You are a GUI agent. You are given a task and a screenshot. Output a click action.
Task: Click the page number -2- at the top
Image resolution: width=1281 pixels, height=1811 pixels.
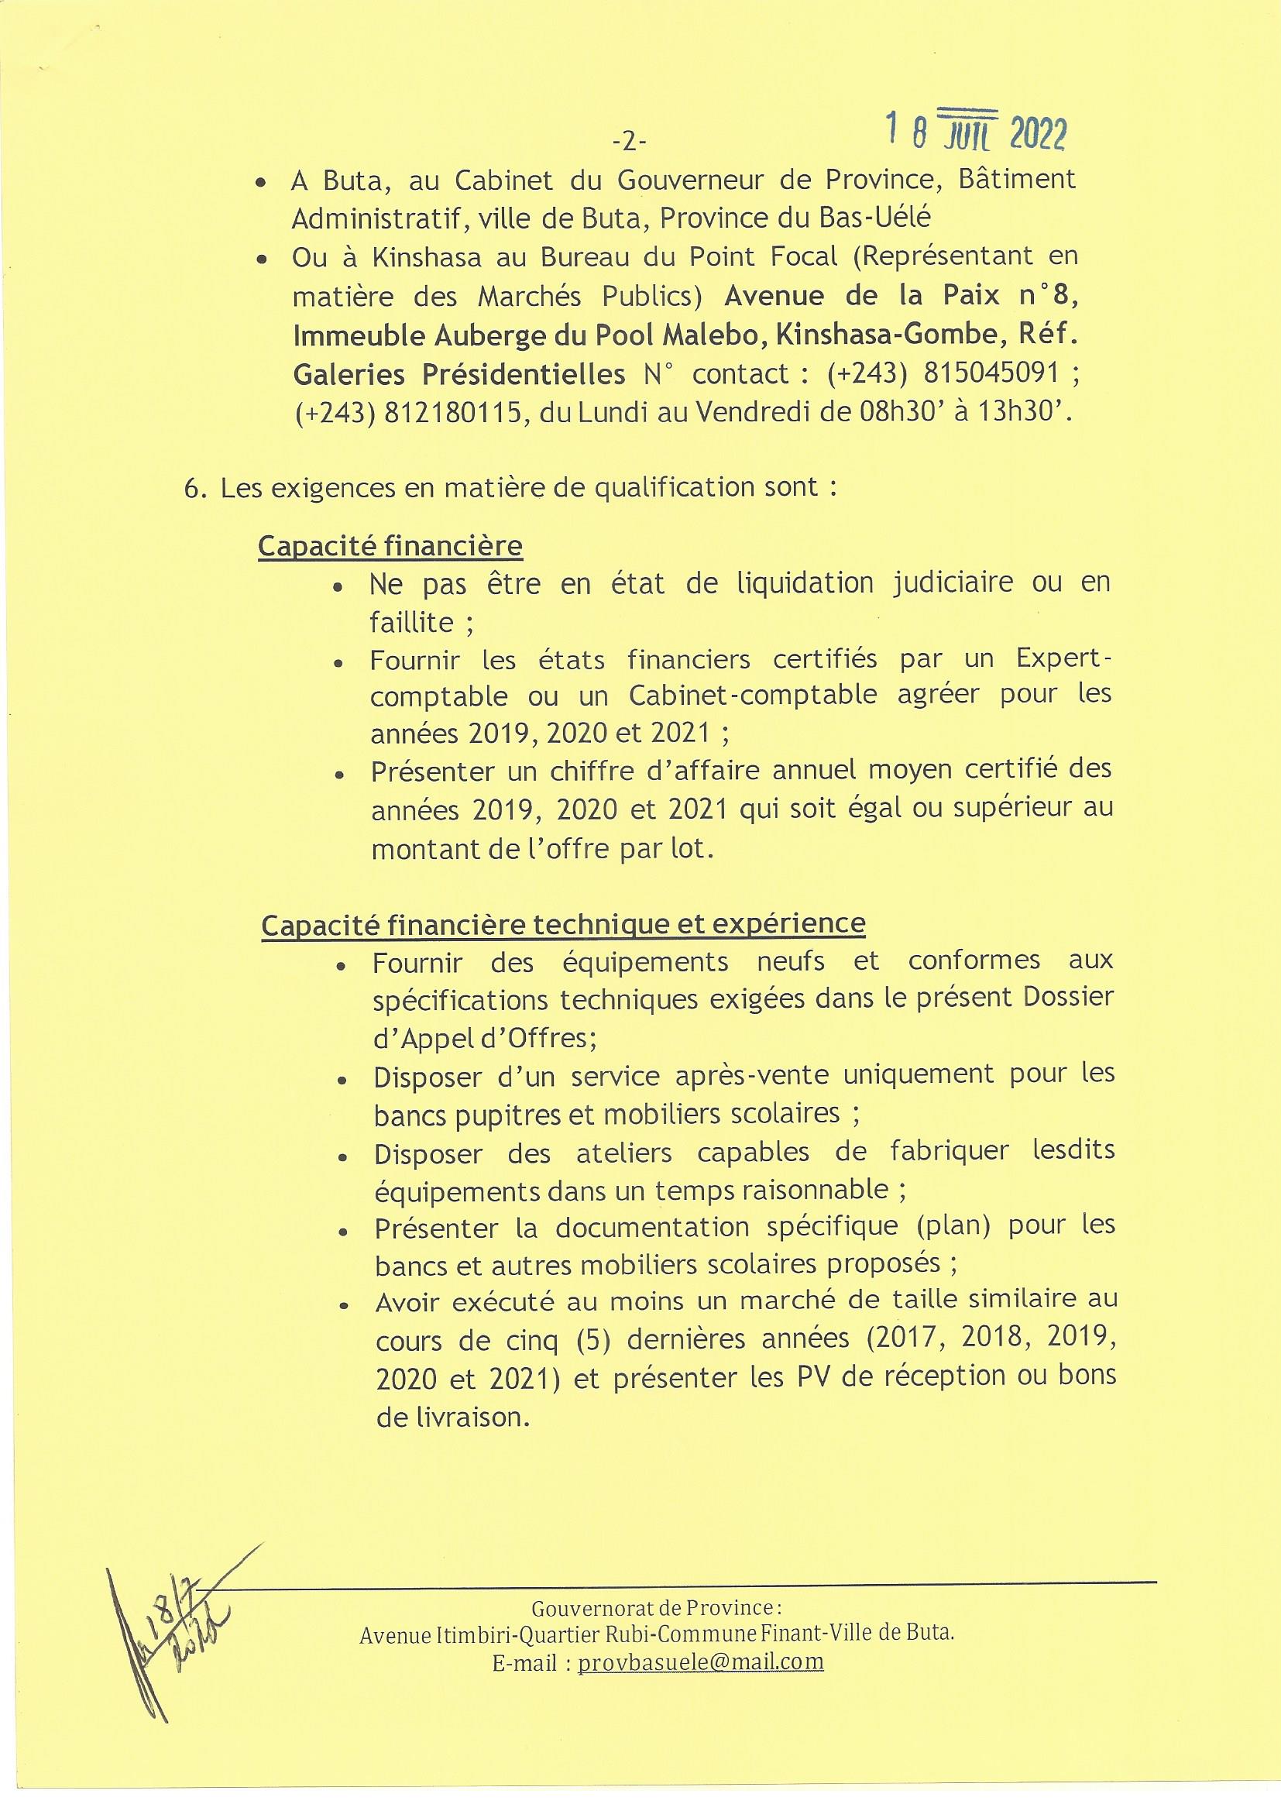(629, 142)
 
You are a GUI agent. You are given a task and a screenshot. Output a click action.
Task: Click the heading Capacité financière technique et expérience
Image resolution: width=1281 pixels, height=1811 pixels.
(563, 923)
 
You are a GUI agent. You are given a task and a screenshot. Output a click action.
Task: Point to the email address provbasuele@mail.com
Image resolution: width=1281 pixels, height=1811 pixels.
(700, 1662)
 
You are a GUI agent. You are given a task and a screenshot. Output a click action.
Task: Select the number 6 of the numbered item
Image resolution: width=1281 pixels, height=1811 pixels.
(190, 488)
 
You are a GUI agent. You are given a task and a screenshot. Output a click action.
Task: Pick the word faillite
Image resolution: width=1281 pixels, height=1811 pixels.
(412, 622)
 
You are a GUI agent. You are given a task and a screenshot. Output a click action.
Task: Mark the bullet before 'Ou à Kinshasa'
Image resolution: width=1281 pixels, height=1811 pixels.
(261, 259)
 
